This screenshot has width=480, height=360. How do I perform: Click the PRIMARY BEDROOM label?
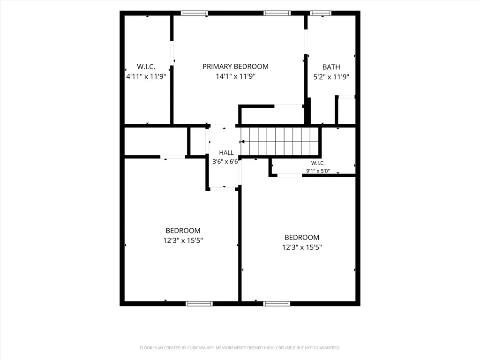[235, 67]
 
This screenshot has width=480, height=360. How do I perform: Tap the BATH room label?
[331, 67]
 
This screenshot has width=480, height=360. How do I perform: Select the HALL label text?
[226, 153]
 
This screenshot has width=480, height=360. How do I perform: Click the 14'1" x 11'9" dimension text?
[235, 76]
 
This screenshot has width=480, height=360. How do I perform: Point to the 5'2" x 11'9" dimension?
[331, 77]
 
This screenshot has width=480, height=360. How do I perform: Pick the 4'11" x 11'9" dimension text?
[146, 76]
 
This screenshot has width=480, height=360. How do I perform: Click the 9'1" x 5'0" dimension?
[318, 171]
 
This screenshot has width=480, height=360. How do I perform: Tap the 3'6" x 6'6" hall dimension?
[225, 162]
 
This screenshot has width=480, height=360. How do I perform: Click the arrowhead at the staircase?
[242, 142]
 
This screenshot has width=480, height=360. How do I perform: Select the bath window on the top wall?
[321, 13]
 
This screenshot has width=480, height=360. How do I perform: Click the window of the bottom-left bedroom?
[199, 304]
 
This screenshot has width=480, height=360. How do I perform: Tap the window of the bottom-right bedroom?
[277, 304]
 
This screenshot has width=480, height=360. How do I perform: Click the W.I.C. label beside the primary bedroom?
[146, 67]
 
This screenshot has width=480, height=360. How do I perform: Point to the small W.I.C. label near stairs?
[318, 163]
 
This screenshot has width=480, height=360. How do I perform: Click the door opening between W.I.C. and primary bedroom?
[172, 53]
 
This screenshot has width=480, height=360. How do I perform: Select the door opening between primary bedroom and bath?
[306, 42]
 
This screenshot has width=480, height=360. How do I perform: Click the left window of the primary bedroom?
[195, 13]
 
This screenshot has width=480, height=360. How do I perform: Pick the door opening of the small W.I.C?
[290, 175]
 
